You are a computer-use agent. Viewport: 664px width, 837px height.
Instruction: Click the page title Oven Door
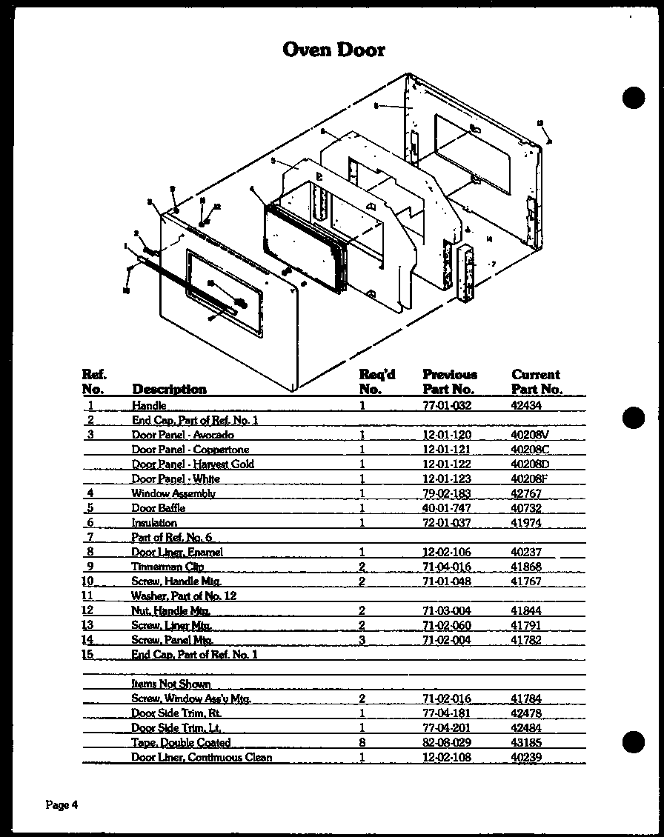click(334, 50)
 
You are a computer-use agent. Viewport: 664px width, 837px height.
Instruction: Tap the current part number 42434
click(526, 405)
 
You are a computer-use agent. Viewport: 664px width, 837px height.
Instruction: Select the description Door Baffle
click(158, 508)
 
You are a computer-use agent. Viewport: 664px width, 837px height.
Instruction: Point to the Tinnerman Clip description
click(167, 567)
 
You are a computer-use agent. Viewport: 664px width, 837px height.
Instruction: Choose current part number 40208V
click(530, 435)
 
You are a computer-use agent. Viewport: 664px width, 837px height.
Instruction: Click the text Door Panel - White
click(176, 478)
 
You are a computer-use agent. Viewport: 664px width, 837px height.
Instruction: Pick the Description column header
click(169, 389)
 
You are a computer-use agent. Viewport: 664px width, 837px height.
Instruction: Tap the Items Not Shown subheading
click(170, 684)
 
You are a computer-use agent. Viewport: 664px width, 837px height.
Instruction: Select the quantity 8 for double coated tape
click(362, 742)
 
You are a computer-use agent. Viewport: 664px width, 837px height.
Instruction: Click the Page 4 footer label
click(62, 805)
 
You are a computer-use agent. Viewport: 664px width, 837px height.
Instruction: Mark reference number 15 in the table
click(89, 655)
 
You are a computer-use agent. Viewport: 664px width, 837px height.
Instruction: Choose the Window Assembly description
click(173, 493)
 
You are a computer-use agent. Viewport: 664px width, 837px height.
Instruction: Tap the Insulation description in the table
click(154, 523)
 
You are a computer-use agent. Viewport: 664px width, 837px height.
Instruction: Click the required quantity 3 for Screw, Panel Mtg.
click(362, 640)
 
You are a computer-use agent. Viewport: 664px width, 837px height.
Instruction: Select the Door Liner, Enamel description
click(177, 552)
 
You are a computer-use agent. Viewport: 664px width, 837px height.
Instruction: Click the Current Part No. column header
click(537, 381)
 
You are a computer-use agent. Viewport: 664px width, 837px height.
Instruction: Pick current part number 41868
click(526, 567)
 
